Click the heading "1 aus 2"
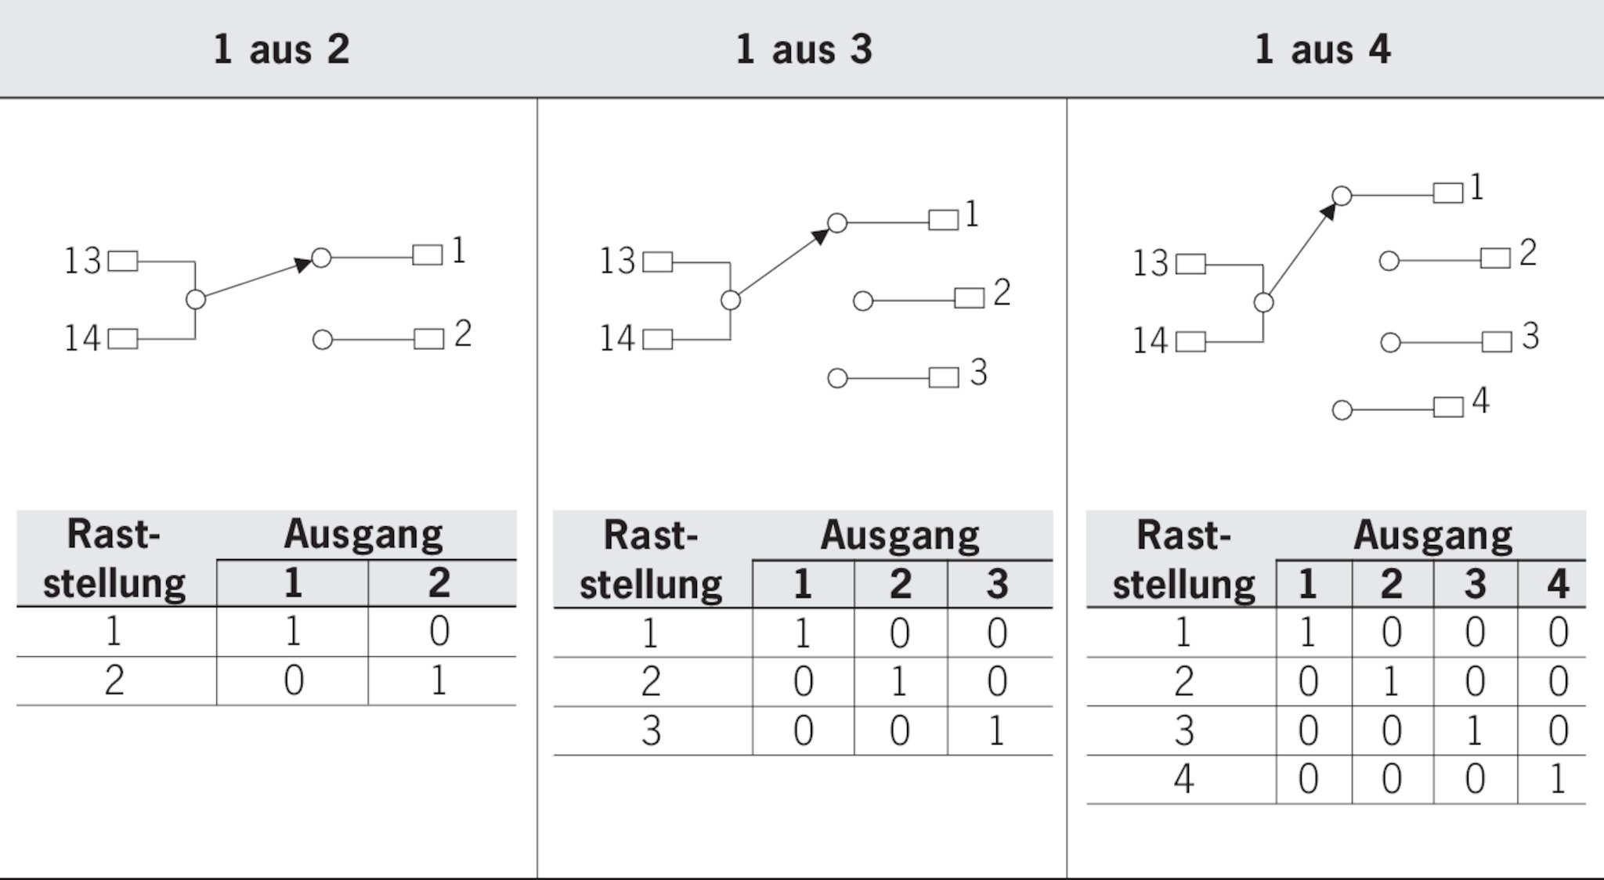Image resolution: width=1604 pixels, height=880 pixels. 281,49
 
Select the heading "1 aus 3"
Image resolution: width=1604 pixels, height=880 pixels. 804,49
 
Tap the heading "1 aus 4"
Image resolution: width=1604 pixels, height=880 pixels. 1323,49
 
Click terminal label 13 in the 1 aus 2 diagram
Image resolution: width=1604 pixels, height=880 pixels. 83,261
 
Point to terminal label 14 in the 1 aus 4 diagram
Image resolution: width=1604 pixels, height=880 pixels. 1151,341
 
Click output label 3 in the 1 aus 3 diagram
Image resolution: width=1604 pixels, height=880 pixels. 978,373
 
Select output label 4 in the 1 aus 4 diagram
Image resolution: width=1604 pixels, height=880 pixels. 1480,401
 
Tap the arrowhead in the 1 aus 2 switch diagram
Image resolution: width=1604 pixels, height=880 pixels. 303,265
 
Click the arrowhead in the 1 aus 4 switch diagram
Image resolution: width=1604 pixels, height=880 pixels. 1328,211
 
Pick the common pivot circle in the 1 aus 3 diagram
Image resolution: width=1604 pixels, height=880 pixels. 731,300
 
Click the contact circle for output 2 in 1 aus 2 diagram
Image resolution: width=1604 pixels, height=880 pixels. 323,340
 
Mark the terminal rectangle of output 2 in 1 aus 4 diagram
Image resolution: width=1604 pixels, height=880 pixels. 1495,258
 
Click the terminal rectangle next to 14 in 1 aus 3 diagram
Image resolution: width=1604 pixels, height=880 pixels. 658,339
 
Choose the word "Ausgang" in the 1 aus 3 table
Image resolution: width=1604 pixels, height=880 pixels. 900,536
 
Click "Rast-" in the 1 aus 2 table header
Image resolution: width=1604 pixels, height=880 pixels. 114,535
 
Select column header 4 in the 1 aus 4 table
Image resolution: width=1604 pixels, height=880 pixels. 1558,583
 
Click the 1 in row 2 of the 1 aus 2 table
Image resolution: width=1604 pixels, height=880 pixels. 439,680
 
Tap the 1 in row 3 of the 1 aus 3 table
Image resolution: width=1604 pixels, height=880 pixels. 996,730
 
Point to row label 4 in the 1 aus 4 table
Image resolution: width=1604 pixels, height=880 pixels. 1183,779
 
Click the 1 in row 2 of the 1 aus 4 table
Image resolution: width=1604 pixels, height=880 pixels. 1391,681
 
